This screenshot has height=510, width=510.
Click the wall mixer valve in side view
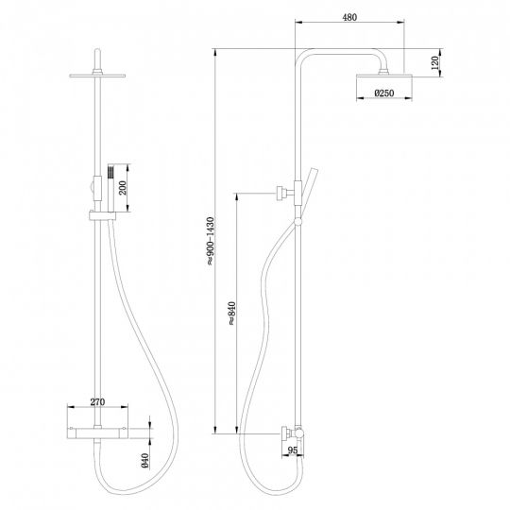point(291,435)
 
